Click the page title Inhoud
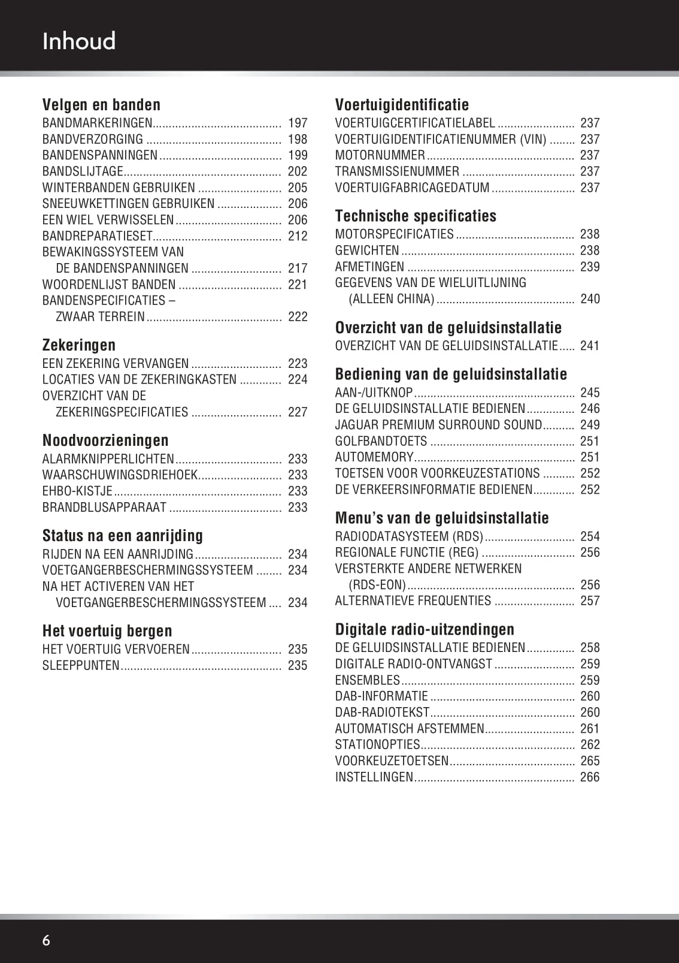[79, 41]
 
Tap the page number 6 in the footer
[46, 940]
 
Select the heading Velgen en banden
[101, 105]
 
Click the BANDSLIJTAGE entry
[83, 171]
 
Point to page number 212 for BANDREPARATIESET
[298, 236]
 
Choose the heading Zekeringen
[79, 345]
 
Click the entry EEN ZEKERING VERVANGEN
[116, 364]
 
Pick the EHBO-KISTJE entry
[77, 491]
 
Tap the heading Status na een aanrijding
[123, 536]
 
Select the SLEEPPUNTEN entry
[81, 665]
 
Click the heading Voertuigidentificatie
[402, 105]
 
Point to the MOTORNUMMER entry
[380, 155]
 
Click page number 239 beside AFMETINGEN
[590, 267]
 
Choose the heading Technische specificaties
[416, 216]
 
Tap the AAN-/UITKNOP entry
[374, 393]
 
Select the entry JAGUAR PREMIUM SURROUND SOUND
[438, 425]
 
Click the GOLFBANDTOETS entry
[381, 441]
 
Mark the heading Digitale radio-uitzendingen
[425, 629]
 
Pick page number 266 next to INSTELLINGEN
[590, 777]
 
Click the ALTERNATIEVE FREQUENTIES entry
[413, 600]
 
